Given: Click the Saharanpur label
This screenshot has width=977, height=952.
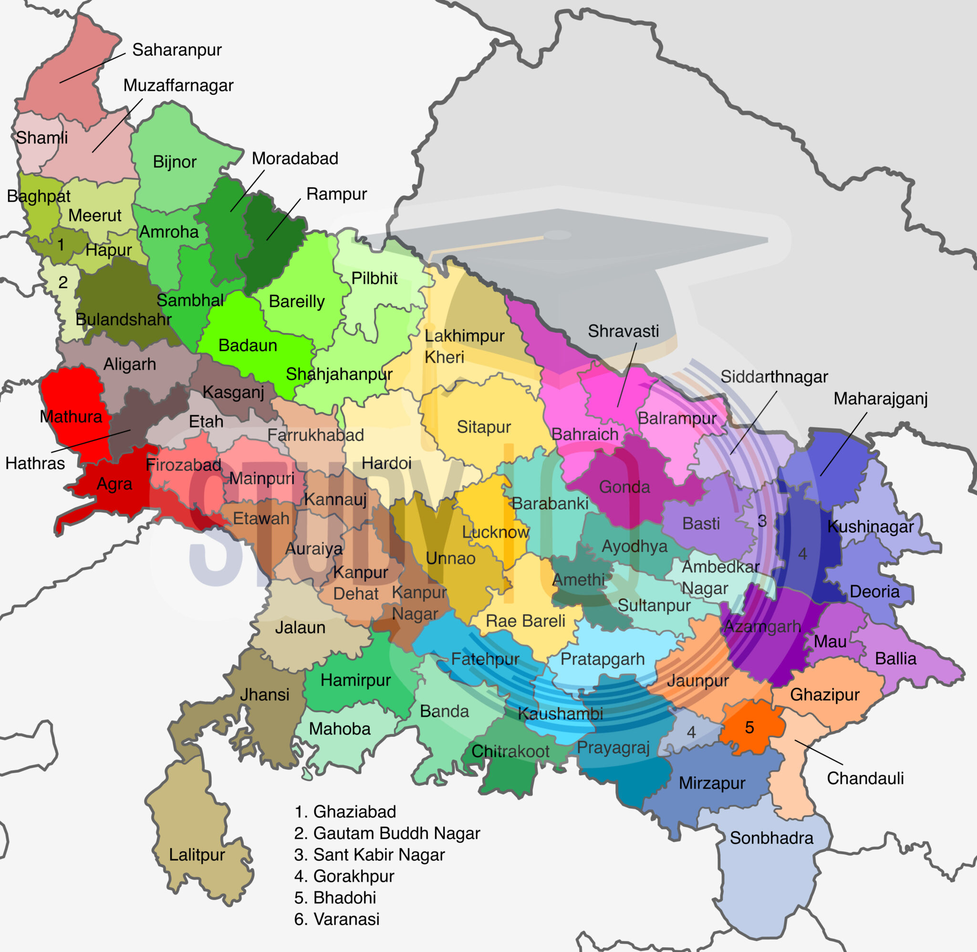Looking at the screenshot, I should (177, 50).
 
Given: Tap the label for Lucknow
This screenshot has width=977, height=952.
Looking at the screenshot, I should (495, 532).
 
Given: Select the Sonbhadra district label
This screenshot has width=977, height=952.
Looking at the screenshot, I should (771, 838).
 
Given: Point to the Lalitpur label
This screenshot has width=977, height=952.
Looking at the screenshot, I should (197, 855).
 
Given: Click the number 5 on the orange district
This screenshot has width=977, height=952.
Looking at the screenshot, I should (749, 727).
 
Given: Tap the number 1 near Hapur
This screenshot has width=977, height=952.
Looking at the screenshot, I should (61, 245).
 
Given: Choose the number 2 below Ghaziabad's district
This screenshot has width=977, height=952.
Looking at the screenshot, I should (63, 282).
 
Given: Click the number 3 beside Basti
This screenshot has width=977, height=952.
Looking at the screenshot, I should (762, 521).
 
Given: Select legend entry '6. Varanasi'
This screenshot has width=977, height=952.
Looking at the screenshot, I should (336, 919).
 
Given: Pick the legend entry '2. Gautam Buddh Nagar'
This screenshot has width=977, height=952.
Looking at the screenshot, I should (386, 833).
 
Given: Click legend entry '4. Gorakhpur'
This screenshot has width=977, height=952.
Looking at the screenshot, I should (344, 876).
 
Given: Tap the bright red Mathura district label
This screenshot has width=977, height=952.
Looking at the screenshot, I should (71, 416).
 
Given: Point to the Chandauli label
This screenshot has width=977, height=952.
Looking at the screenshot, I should (865, 778).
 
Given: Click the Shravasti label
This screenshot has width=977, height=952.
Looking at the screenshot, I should (623, 331).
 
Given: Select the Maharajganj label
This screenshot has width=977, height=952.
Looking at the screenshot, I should (880, 399).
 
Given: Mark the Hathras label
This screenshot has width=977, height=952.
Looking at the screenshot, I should (35, 463).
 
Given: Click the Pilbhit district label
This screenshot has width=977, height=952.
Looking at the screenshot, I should (374, 278).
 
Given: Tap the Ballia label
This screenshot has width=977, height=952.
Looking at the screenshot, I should (895, 659).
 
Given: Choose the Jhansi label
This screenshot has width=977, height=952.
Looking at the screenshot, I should (264, 694).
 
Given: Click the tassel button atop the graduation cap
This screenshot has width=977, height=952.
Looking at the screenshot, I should (558, 235).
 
